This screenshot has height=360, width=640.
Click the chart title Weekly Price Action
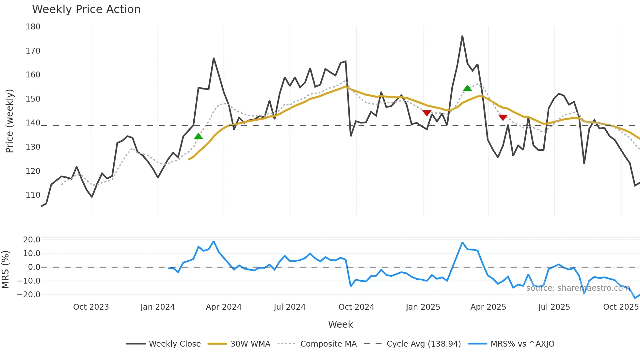coord(86,9)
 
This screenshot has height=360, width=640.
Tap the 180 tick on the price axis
coord(33,27)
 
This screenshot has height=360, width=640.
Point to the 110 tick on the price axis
coord(33,195)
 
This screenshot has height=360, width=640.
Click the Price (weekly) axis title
coord(9,121)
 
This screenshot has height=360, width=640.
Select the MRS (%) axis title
coord(5,270)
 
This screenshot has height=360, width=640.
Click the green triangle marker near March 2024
coord(198,137)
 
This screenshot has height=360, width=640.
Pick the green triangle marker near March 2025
coord(467,88)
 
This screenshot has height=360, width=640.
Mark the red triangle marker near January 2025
coord(427,113)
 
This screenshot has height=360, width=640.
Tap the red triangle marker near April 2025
coord(503,117)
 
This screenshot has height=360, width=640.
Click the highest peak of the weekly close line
coord(462,36)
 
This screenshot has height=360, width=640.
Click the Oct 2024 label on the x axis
coord(356,307)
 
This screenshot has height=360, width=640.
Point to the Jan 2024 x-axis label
coord(158,307)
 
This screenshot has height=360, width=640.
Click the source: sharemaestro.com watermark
coord(578,288)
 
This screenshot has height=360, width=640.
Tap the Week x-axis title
coord(340,324)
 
